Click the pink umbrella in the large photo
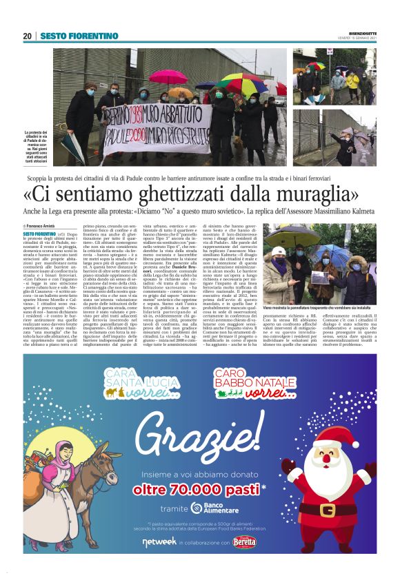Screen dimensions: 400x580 168,76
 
